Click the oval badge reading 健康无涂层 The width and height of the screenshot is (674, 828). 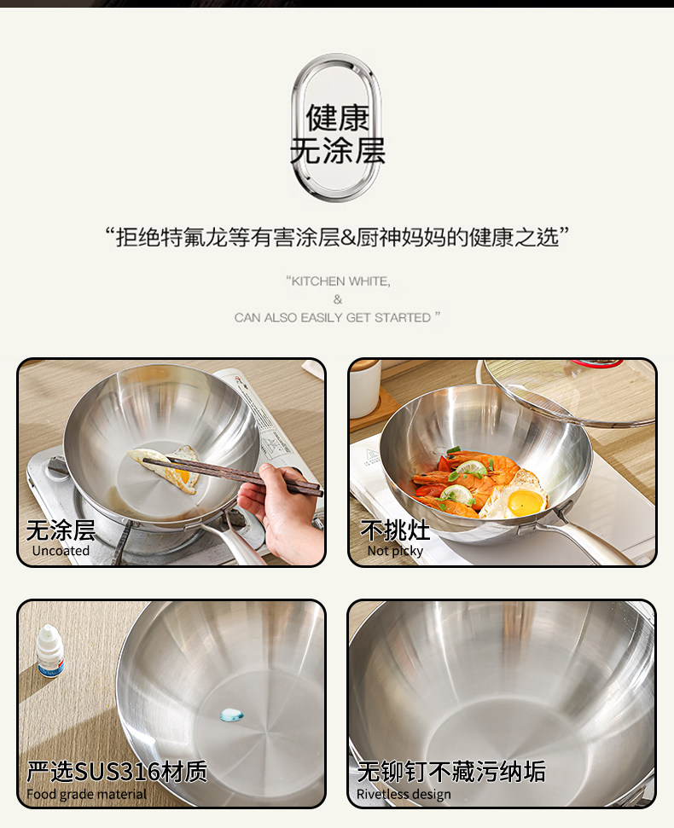pyautogui.click(x=337, y=128)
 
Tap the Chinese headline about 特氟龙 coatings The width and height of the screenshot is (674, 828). pyautogui.click(x=337, y=237)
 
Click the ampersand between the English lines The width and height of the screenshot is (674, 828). pyautogui.click(x=338, y=299)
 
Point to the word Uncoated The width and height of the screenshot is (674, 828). pyautogui.click(x=61, y=551)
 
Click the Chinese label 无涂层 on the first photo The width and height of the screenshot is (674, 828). pyautogui.click(x=61, y=530)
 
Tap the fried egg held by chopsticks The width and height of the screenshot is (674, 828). pyautogui.click(x=166, y=468)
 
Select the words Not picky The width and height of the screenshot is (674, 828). pyautogui.click(x=395, y=551)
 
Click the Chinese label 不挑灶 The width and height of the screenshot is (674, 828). pyautogui.click(x=395, y=530)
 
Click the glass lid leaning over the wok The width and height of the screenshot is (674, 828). pyautogui.click(x=568, y=391)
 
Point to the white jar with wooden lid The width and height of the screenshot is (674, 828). pyautogui.click(x=364, y=388)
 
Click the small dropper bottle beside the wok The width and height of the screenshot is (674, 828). pyautogui.click(x=50, y=651)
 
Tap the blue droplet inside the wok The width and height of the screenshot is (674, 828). pyautogui.click(x=231, y=715)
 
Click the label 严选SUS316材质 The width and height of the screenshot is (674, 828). pyautogui.click(x=117, y=772)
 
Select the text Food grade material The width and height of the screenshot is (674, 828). pyautogui.click(x=87, y=794)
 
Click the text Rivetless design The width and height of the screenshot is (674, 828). pyautogui.click(x=404, y=794)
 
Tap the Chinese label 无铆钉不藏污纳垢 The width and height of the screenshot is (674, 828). pyautogui.click(x=451, y=772)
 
